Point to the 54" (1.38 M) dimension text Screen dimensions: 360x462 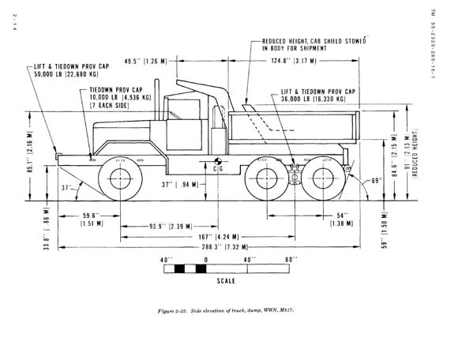(341, 219)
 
